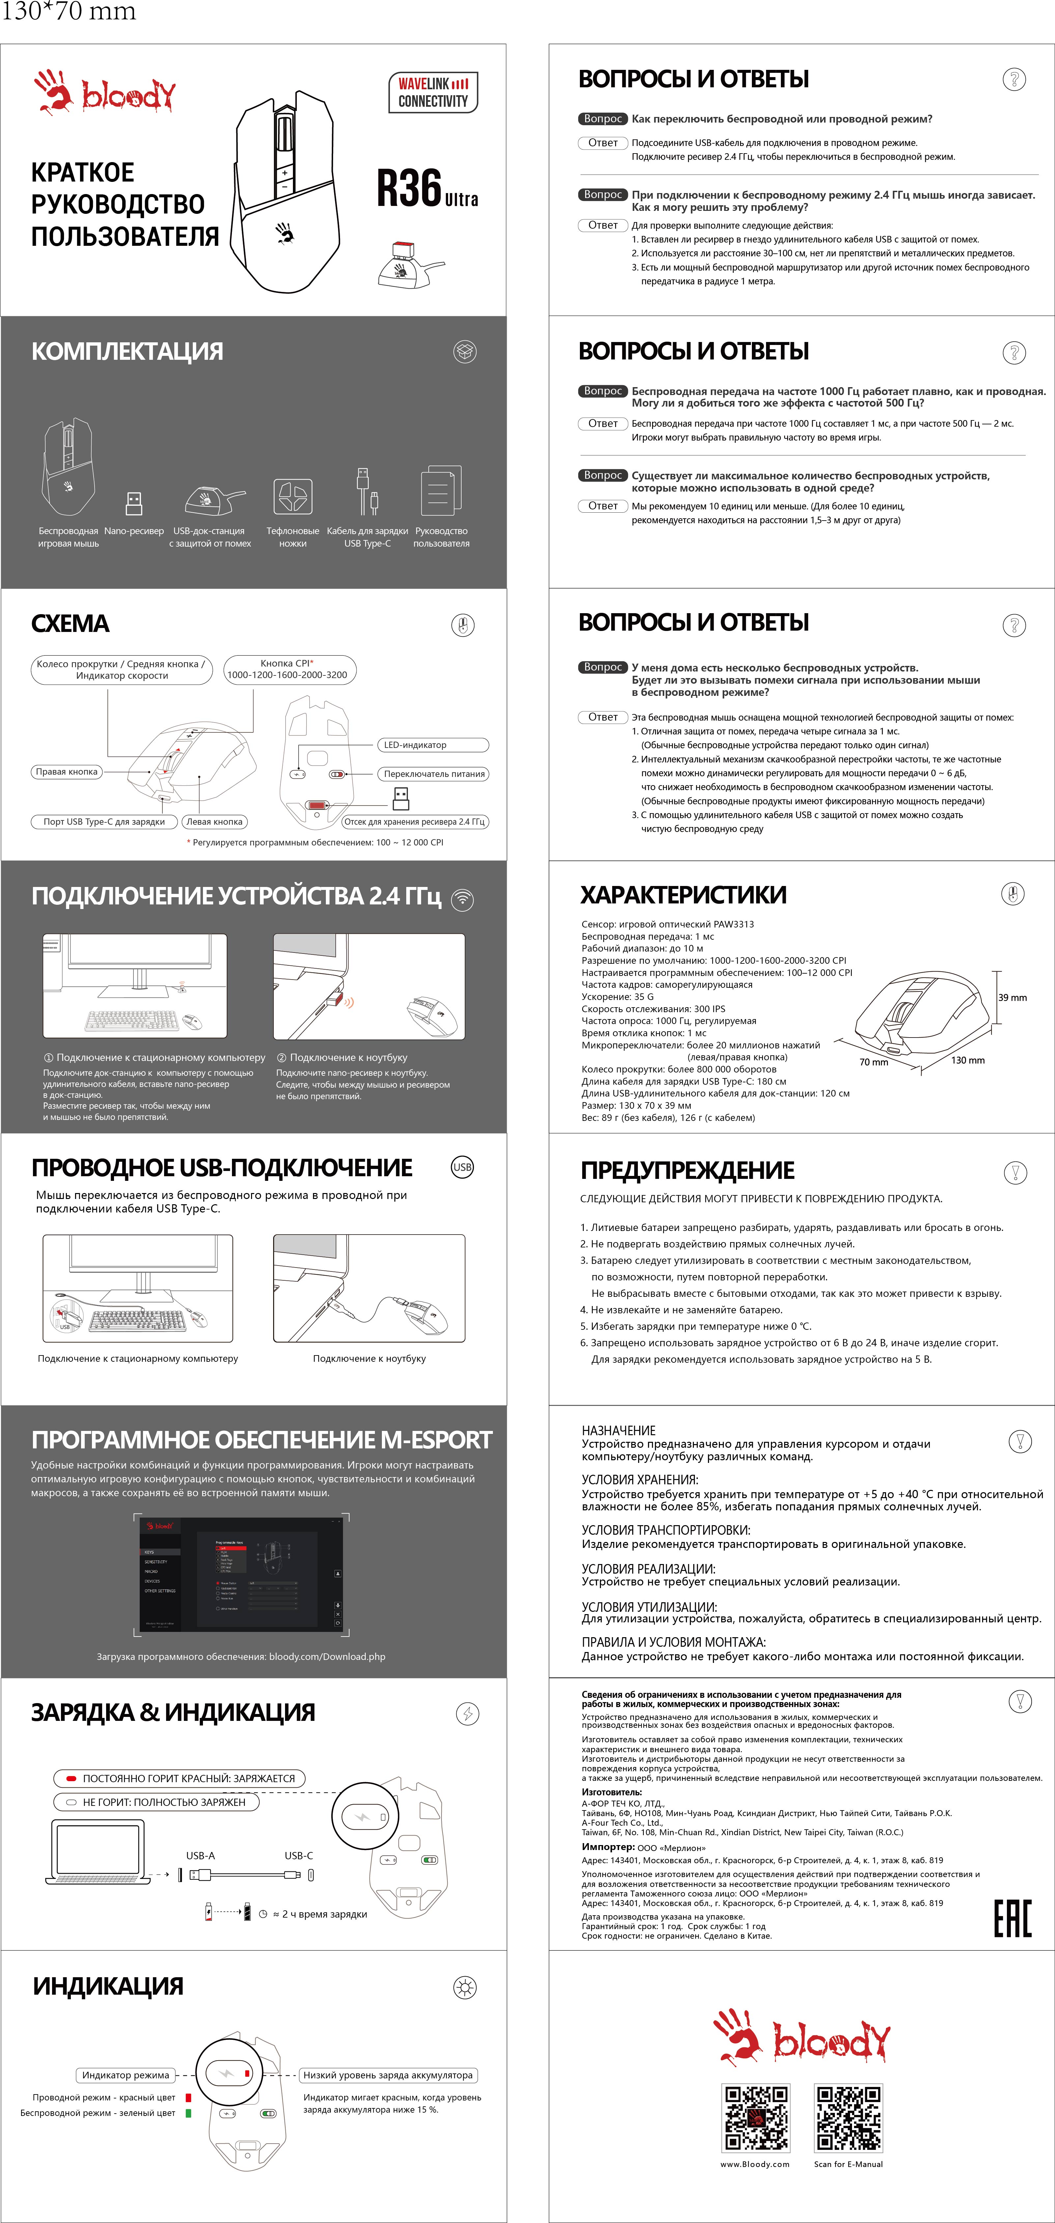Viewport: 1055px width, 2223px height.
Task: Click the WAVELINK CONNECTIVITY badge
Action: pyautogui.click(x=433, y=92)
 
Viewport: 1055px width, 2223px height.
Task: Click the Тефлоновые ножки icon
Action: pyautogui.click(x=293, y=496)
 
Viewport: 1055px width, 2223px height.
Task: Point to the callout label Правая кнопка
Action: pyautogui.click(x=67, y=772)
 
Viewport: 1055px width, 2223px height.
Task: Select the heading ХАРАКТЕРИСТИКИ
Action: pyautogui.click(x=683, y=895)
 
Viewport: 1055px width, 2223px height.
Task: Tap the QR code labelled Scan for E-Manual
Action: pyautogui.click(x=848, y=2119)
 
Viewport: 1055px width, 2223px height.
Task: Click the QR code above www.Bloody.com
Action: pyautogui.click(x=756, y=2119)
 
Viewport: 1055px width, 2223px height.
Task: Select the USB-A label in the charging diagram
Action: pyautogui.click(x=200, y=1855)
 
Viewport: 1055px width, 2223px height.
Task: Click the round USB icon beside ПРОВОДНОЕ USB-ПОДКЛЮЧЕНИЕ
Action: pyautogui.click(x=462, y=1167)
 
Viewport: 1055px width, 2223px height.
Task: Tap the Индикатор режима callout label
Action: pyautogui.click(x=126, y=2075)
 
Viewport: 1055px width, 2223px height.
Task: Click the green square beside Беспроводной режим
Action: pyautogui.click(x=187, y=2113)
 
